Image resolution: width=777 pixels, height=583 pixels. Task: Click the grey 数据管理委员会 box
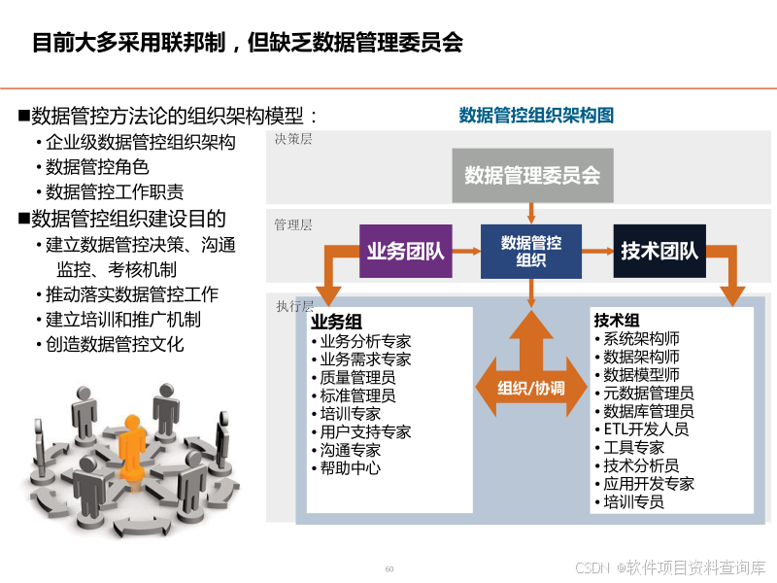point(532,176)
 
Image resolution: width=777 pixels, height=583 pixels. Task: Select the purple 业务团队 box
point(406,252)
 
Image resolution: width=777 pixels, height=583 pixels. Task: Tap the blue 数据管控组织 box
point(531,252)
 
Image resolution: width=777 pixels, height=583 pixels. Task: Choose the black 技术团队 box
point(659,252)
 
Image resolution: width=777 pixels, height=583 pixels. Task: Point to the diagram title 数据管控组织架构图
point(536,116)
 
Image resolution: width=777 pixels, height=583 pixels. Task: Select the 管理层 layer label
point(293,224)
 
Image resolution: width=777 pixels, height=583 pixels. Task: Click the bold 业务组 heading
point(336,322)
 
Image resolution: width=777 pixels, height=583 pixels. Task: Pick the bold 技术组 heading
point(617,321)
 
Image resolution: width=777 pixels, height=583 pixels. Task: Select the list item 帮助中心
point(350,468)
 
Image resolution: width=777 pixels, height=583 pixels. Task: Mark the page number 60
point(389,569)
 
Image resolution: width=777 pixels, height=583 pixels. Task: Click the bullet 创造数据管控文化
point(115,344)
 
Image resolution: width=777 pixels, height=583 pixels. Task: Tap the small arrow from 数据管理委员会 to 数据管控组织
point(531,212)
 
